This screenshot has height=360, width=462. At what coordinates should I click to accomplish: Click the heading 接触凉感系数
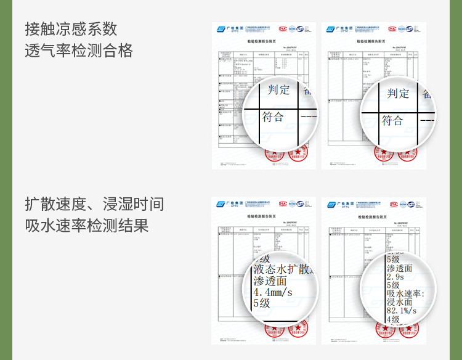tap(71, 29)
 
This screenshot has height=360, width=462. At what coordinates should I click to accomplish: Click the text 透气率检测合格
tap(79, 51)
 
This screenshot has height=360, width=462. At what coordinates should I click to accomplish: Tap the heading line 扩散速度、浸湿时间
tap(94, 204)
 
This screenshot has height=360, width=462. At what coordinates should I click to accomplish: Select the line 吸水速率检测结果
tap(87, 226)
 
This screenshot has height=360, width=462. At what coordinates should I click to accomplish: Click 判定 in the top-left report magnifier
tap(278, 90)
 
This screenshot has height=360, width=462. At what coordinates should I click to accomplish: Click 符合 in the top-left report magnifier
tap(273, 117)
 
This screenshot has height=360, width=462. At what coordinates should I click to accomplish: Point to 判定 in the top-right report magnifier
tap(398, 93)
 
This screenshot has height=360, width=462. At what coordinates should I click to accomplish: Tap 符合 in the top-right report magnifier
tap(392, 120)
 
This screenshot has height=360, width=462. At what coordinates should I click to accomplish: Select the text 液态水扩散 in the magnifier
tap(284, 269)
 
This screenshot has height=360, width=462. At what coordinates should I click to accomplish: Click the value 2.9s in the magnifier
tap(395, 277)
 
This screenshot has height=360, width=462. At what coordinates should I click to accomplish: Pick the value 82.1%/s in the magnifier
tap(401, 311)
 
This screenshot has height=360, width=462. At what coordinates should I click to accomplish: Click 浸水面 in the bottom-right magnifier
tap(399, 302)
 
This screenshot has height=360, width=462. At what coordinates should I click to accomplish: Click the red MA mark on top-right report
tap(392, 29)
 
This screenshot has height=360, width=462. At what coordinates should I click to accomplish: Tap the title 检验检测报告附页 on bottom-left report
tap(265, 216)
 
